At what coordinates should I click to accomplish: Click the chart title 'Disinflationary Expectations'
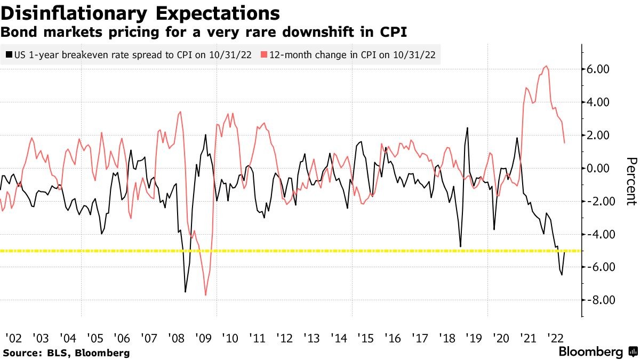pos(140,12)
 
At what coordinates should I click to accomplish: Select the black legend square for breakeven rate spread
pos(9,54)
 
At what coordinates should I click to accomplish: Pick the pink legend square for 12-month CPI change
pos(264,54)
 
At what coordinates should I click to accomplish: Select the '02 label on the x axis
pos(13,338)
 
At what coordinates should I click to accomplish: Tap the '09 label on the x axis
pos(203,338)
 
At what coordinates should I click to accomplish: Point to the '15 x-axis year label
pos(365,338)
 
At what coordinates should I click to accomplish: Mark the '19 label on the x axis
pos(474,338)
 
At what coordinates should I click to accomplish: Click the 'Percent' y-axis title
pos(631,181)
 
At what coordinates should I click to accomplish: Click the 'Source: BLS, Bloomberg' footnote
pos(66,353)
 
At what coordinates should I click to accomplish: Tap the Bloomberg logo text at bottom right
pos(590,352)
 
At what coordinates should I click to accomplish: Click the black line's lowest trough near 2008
pos(185,292)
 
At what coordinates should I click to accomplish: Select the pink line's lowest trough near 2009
pos(206,295)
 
